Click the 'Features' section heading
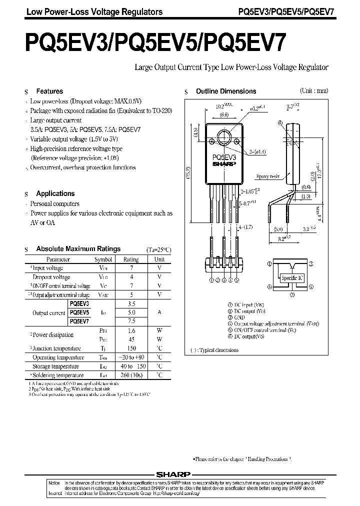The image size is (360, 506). (49, 91)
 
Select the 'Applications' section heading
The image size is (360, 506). (55, 193)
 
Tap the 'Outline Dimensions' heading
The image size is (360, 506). (225, 91)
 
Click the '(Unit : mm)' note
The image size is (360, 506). (313, 91)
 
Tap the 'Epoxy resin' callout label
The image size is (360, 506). (267, 176)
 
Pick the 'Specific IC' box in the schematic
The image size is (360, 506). (292, 277)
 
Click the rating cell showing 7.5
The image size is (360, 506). (131, 321)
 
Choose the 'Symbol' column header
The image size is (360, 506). (103, 259)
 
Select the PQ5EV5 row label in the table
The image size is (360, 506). (79, 312)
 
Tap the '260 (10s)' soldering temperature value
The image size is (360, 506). (131, 375)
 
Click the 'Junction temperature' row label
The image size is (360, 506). (56, 348)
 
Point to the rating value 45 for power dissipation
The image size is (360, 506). (131, 339)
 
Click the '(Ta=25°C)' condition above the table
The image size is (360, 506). (158, 249)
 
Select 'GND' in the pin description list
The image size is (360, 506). (240, 317)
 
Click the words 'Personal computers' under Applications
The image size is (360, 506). (54, 204)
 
